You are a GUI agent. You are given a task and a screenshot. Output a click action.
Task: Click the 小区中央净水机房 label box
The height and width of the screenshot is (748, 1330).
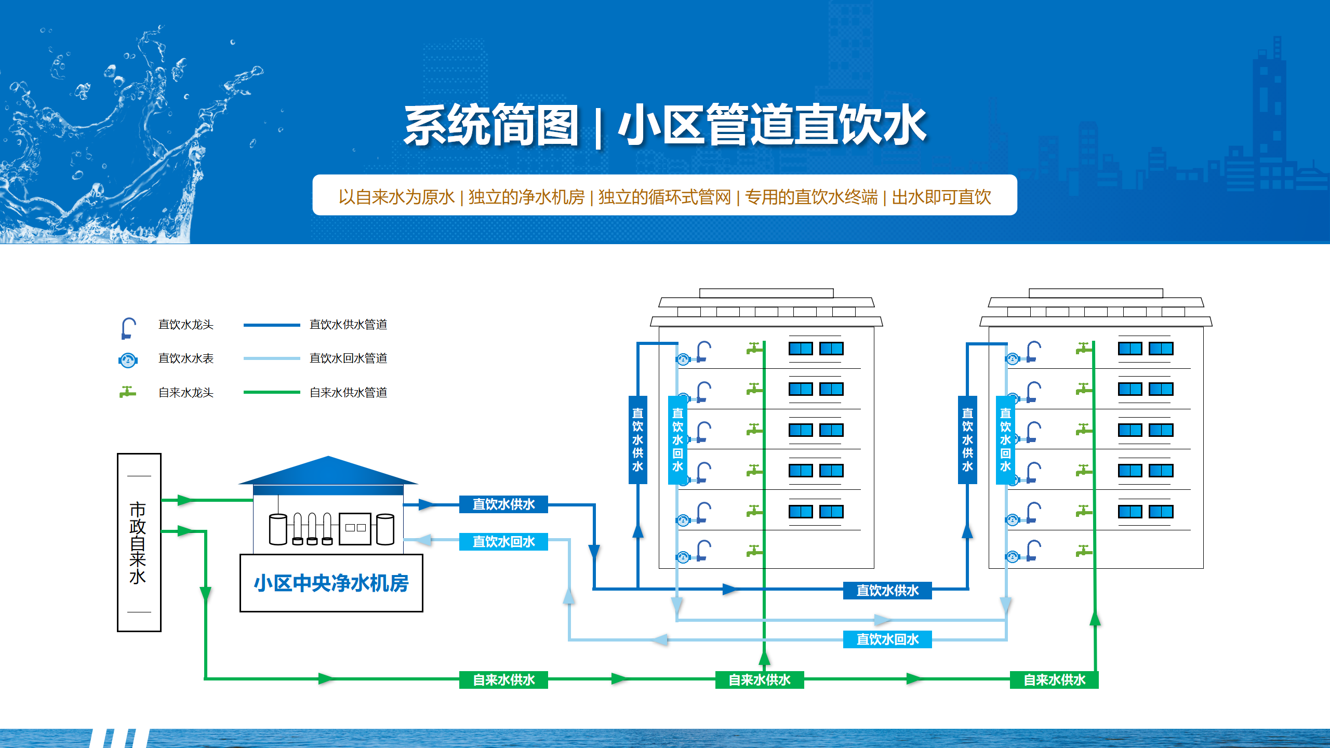pos(331,583)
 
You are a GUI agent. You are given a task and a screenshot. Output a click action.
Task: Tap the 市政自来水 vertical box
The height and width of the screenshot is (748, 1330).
pos(139,542)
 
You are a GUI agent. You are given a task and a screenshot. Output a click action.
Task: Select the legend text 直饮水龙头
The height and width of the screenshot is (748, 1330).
pos(185,325)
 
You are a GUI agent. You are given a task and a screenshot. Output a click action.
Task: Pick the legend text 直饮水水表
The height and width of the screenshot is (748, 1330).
pos(185,358)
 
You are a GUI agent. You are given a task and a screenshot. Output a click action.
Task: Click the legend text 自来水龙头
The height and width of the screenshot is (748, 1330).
pos(185,393)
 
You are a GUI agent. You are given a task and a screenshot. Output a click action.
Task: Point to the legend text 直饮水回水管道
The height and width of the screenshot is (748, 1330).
pos(348,358)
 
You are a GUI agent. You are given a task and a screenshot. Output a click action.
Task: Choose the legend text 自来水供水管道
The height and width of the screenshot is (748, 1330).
pos(348,393)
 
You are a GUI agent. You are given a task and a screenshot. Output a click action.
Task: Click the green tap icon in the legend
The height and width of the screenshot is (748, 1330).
pos(127,392)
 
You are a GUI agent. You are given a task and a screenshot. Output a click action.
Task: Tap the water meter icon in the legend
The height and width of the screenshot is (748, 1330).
pos(128,359)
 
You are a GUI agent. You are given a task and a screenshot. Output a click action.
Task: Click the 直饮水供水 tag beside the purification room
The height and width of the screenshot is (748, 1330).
pos(503,504)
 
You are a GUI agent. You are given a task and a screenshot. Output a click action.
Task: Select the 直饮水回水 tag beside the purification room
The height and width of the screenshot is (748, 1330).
pos(503,542)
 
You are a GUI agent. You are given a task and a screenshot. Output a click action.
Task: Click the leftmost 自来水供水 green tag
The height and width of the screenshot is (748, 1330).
pos(503,680)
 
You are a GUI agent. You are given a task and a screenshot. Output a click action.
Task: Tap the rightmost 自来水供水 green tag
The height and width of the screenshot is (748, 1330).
pos(1054,680)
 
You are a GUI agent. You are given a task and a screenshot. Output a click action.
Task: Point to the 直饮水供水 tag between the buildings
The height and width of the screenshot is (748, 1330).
pos(887,591)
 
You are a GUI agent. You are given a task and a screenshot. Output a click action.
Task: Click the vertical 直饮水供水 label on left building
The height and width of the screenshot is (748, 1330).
pos(637,439)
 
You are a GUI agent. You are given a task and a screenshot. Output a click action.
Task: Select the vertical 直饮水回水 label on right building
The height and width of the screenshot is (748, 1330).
pos(1005,439)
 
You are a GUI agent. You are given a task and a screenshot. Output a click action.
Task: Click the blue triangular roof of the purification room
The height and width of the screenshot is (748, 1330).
pos(328,472)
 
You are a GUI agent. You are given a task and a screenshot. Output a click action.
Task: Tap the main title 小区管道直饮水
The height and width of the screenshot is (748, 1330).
pos(772,125)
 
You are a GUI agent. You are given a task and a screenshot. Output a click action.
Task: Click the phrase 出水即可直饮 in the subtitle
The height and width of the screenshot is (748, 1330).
pos(941,197)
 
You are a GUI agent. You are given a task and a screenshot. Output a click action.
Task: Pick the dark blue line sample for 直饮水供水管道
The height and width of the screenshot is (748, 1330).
pos(272,325)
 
